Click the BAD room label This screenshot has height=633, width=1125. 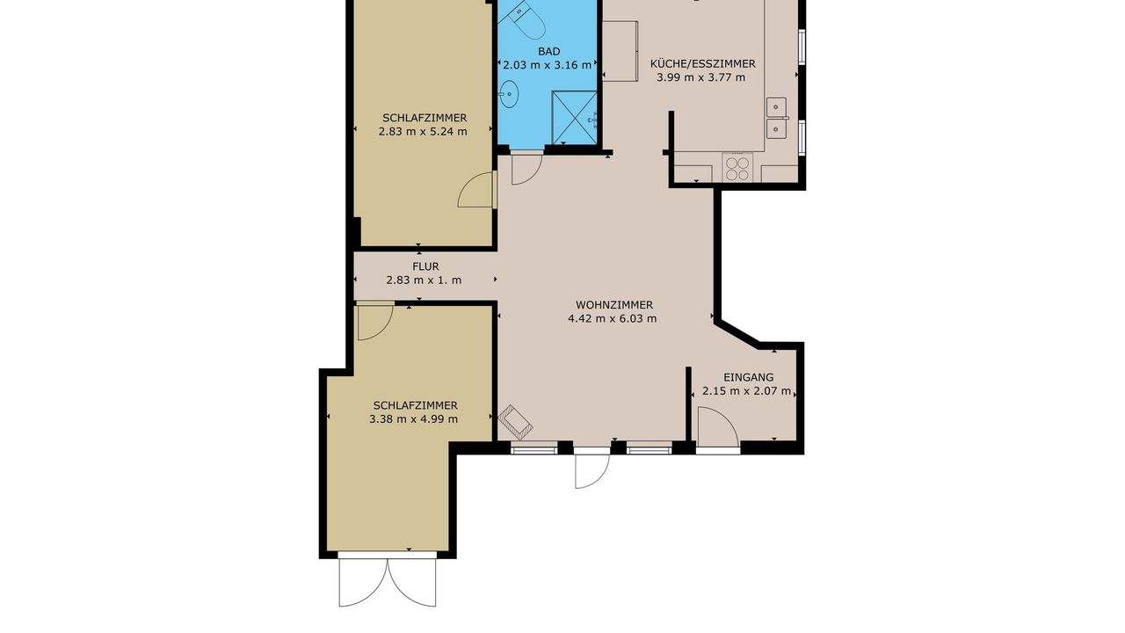(548, 51)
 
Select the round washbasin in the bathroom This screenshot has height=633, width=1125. (509, 94)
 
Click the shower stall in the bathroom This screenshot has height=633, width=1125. (575, 118)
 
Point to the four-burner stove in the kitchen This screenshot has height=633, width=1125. (737, 168)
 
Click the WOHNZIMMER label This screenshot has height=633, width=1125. (614, 305)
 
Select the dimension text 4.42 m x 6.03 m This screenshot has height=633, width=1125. (613, 318)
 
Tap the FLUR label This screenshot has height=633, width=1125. (425, 266)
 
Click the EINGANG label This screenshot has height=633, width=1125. (748, 377)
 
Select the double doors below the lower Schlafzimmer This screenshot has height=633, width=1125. (388, 583)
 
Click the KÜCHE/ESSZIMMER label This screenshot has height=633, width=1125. (702, 64)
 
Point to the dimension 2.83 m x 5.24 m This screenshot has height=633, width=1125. (423, 132)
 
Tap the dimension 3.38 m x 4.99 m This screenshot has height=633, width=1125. (413, 419)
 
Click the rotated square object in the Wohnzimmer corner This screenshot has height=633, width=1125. (515, 423)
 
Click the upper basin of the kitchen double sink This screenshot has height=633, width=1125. (776, 106)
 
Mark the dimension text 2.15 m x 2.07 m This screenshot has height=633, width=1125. (746, 391)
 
